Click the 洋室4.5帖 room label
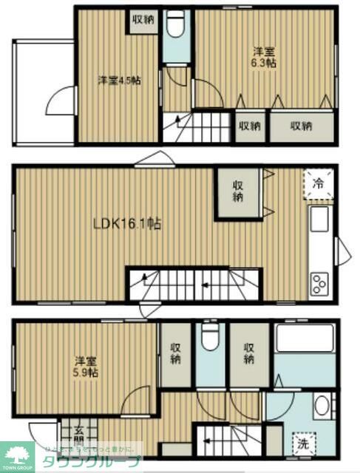pyautogui.click(x=119, y=80)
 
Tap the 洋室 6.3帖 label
pyautogui.click(x=265, y=58)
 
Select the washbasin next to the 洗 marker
pyautogui.click(x=322, y=407)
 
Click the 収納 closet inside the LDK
pyautogui.click(x=238, y=191)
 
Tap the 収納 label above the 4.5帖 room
pyautogui.click(x=143, y=20)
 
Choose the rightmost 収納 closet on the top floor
pyautogui.click(x=299, y=126)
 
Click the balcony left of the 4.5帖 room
pyautogui.click(x=42, y=92)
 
